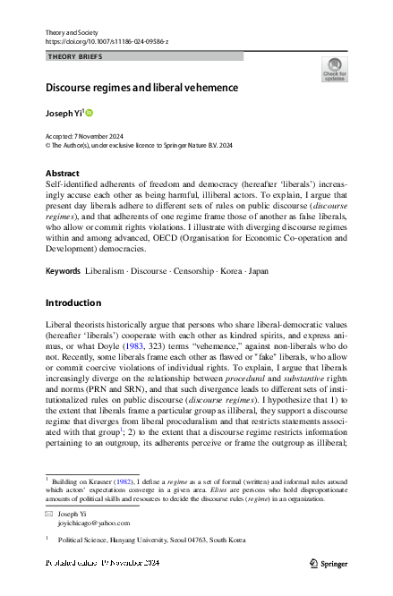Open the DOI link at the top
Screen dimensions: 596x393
101,41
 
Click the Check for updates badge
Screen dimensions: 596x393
334,69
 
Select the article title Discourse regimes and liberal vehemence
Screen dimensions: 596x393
141,89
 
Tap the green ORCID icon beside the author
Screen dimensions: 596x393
89,114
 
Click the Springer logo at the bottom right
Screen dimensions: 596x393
329,564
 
